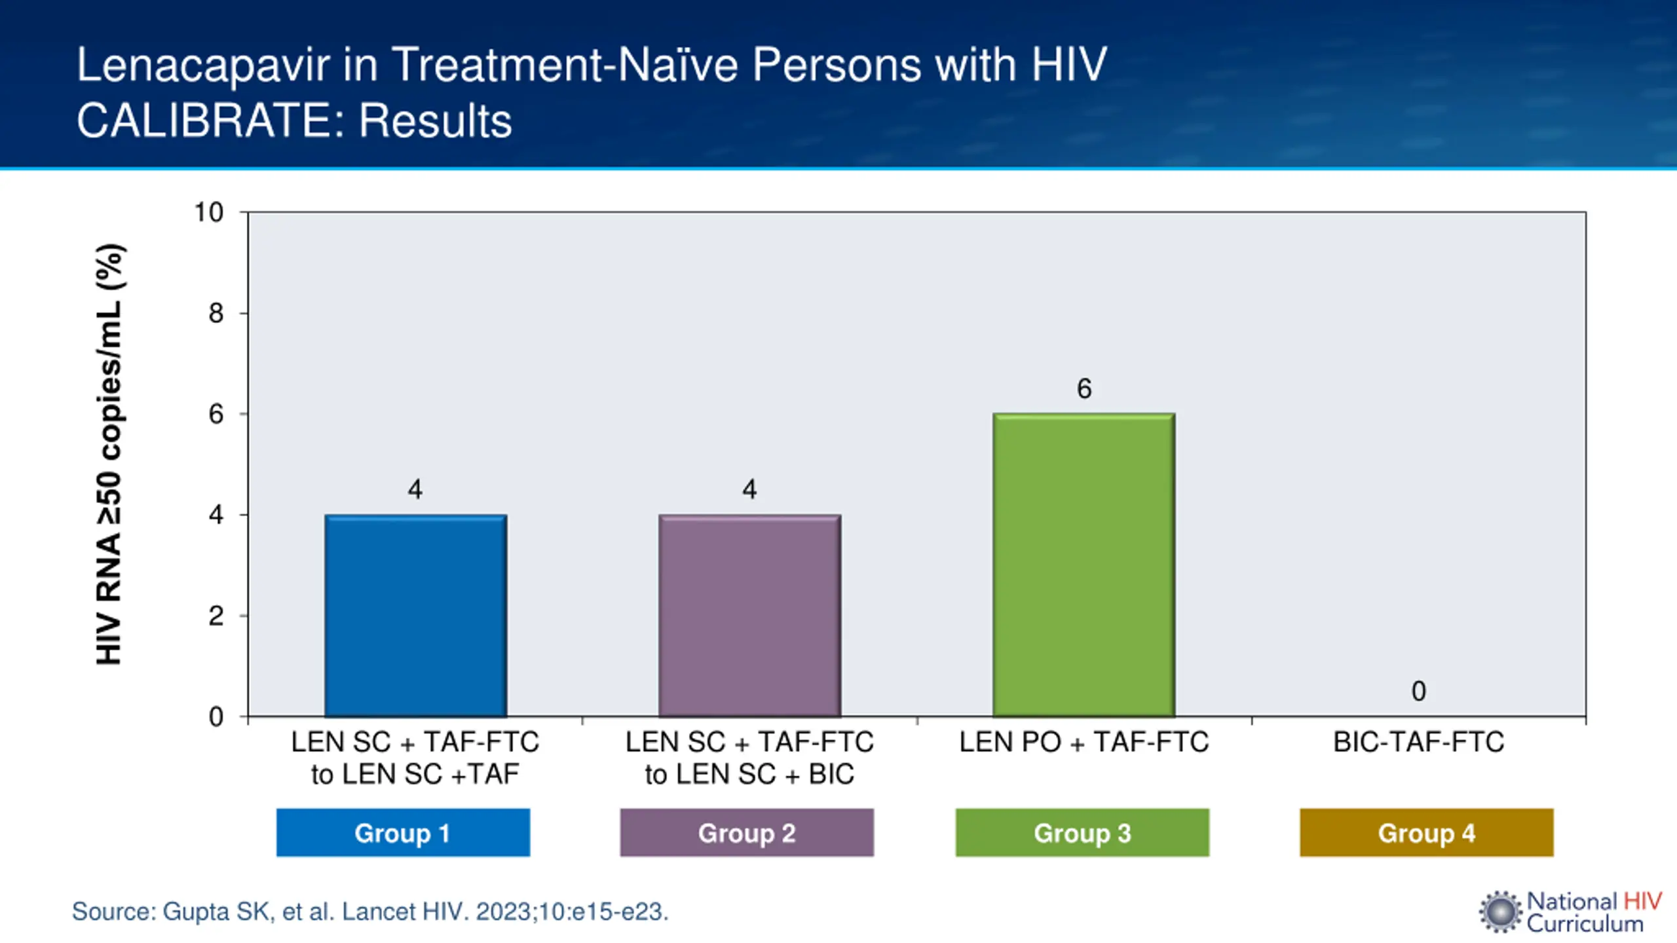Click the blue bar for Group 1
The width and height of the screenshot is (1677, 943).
click(x=416, y=616)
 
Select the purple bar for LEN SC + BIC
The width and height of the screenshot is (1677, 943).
click(x=750, y=616)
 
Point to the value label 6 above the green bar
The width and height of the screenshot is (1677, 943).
click(x=1084, y=389)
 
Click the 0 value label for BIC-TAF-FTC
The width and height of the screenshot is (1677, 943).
click(x=1418, y=692)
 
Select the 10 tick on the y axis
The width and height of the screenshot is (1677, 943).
click(x=209, y=212)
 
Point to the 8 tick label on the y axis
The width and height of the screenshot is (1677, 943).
click(x=216, y=314)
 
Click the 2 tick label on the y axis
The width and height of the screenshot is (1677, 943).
click(x=216, y=616)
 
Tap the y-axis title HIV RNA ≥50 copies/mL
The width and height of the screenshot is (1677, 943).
click(x=109, y=454)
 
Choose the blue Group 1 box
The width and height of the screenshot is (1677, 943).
click(x=403, y=833)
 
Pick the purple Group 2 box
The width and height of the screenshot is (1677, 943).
click(x=747, y=833)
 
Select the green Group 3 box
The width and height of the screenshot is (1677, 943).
click(x=1082, y=833)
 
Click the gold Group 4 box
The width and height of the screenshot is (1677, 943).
click(x=1426, y=833)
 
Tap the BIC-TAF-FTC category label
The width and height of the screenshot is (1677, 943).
click(x=1418, y=743)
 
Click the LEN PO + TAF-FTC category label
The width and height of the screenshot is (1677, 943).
click(x=1084, y=743)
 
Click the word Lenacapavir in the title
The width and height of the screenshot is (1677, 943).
click(x=203, y=65)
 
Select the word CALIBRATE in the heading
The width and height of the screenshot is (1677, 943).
click(x=210, y=121)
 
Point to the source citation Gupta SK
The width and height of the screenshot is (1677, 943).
click(x=370, y=912)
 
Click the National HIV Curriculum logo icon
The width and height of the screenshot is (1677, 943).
click(x=1500, y=912)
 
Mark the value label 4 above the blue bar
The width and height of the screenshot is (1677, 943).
click(x=415, y=490)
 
